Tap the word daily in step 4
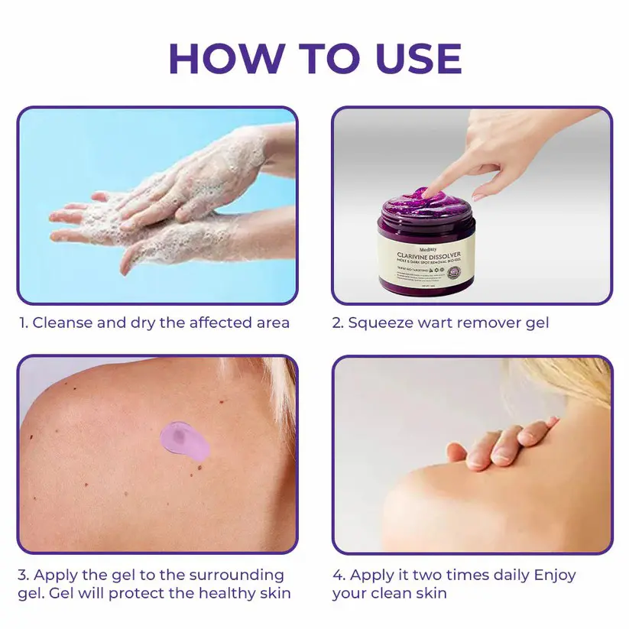click(x=505, y=575)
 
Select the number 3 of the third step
click(x=22, y=575)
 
